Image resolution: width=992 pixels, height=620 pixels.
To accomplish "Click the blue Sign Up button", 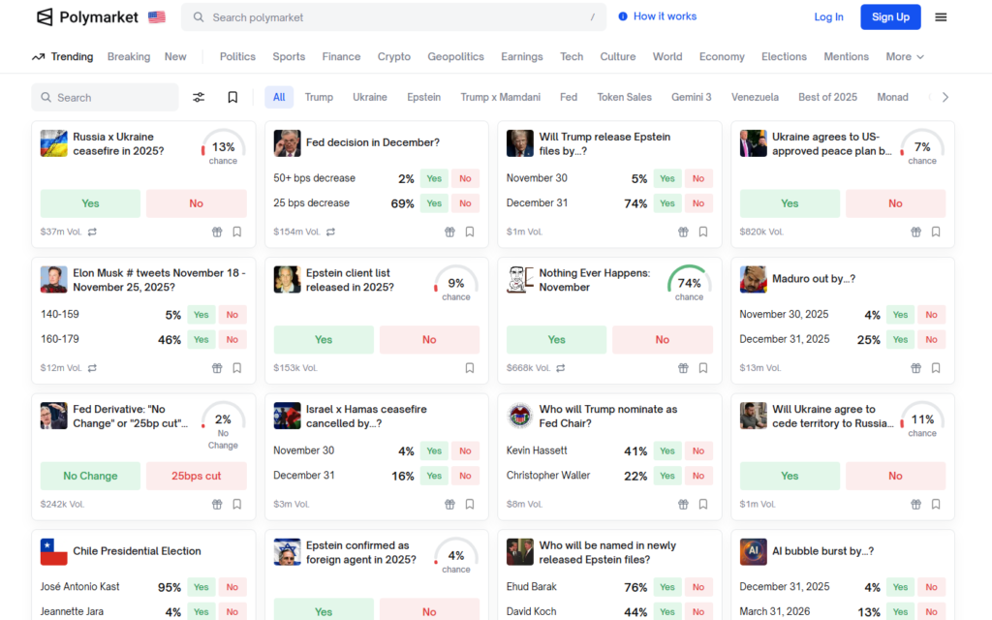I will [x=890, y=16].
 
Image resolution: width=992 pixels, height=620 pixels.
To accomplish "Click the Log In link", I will [x=828, y=16].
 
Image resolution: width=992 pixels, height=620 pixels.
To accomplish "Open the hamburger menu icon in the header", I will [x=941, y=16].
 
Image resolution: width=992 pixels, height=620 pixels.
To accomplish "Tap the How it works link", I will [x=658, y=16].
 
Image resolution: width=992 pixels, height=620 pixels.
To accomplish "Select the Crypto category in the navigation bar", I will [x=394, y=56].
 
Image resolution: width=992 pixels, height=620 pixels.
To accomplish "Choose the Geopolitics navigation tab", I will [x=455, y=56].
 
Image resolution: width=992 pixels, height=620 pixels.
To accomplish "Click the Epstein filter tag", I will [x=423, y=97].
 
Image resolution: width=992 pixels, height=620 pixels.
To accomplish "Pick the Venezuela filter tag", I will [x=755, y=97].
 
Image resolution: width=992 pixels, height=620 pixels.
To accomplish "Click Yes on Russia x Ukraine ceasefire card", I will [x=90, y=203].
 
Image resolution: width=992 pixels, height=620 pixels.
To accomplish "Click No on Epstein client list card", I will [x=429, y=340].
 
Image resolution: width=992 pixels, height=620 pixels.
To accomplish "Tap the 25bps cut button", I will [x=197, y=476].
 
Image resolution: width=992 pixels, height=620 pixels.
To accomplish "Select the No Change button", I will [x=90, y=476].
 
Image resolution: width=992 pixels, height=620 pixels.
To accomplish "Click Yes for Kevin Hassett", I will [x=667, y=451].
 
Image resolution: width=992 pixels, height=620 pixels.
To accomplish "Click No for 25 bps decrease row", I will [x=465, y=203].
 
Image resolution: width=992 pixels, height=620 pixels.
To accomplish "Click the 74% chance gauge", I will [x=689, y=283].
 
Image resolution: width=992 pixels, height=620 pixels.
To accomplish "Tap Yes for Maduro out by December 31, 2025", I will [x=900, y=340].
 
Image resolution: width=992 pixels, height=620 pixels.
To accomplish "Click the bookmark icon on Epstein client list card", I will [x=470, y=368].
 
